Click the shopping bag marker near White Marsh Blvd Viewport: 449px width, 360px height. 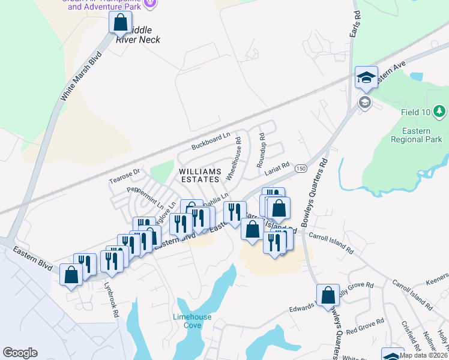tap(120, 23)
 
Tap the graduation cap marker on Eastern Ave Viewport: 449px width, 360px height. tap(366, 77)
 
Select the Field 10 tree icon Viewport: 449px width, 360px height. tap(439, 112)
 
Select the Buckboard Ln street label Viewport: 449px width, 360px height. tap(211, 142)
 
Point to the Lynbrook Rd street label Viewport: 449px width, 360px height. tap(112, 296)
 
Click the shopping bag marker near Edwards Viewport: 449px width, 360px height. tap(328, 295)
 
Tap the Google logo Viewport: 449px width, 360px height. tap(20, 353)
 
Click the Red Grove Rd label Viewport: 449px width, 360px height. tap(360, 329)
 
